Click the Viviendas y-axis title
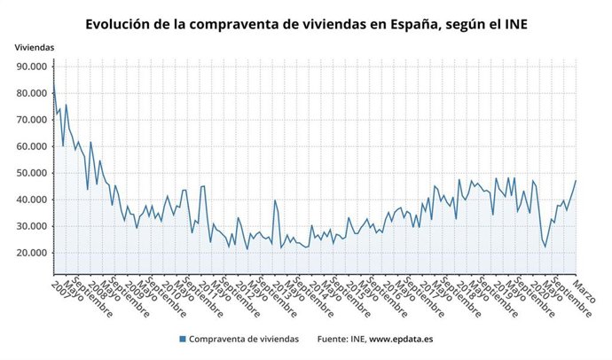click(34, 46)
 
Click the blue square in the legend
click(182, 339)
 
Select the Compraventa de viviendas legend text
click(243, 339)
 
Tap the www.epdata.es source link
click(401, 339)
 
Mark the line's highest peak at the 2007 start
click(53, 82)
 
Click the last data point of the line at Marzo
click(576, 181)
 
